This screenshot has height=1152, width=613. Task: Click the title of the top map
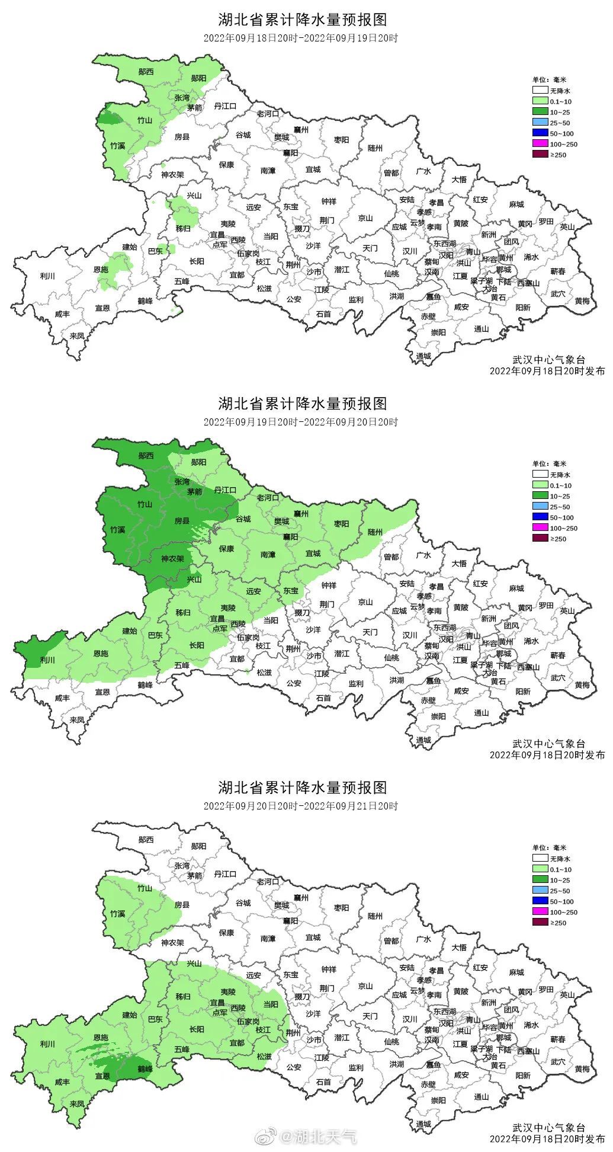point(302,20)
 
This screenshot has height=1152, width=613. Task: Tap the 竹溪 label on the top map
point(117,145)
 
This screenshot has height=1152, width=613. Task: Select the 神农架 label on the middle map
point(172,559)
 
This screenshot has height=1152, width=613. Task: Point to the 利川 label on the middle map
point(47,660)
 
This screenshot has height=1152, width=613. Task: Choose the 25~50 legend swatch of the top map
point(540,123)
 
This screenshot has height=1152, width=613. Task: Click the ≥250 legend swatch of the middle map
point(540,539)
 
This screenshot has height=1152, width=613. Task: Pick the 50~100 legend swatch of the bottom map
point(540,901)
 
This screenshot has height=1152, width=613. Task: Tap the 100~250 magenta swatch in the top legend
point(540,144)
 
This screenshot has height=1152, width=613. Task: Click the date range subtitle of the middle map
point(301,422)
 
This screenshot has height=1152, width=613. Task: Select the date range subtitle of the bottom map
point(301,806)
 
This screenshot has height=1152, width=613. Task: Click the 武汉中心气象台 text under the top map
point(548,360)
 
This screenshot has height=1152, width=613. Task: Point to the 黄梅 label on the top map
point(582,300)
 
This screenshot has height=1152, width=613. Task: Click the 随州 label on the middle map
point(375,532)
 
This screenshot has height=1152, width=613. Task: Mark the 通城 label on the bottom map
point(423,1124)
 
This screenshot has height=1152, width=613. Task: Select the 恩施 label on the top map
point(101,270)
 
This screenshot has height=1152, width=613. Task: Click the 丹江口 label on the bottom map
point(225,873)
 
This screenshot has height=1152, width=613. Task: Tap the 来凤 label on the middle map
point(76,719)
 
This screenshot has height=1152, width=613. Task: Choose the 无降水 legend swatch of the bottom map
point(540,859)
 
